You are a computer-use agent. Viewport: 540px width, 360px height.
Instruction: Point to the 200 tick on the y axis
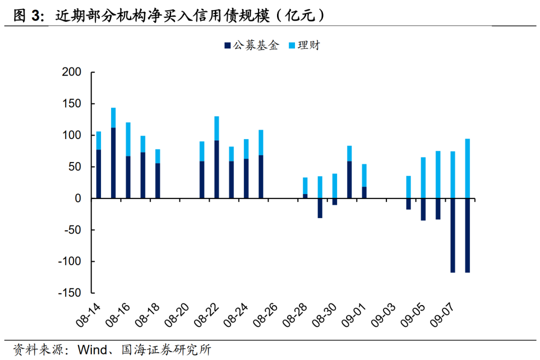[71, 72]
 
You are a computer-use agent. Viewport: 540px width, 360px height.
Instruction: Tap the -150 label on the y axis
[69, 293]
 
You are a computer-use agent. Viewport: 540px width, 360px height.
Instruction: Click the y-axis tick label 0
[77, 198]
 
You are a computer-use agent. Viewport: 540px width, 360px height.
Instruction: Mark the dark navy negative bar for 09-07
[453, 235]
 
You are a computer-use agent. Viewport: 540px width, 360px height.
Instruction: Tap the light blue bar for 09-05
[423, 177]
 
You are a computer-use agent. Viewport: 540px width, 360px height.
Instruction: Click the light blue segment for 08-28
[305, 185]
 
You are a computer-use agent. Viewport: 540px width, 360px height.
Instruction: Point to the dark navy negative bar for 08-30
[334, 201]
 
